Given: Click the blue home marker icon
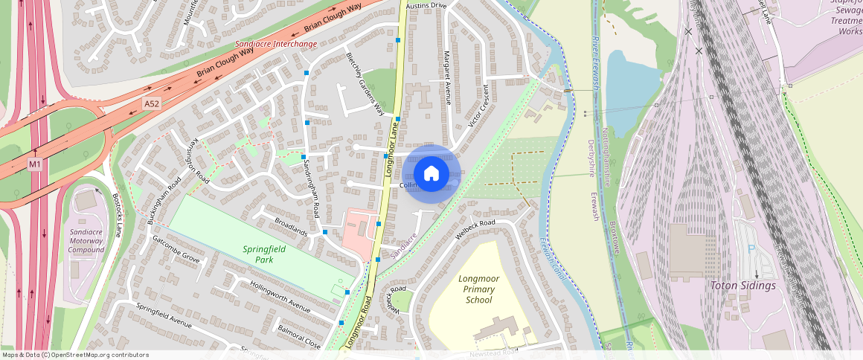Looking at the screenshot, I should [x=431, y=174].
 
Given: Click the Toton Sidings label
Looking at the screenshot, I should [x=742, y=286].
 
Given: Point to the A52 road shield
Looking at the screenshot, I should [x=152, y=105].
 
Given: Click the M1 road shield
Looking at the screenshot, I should [x=35, y=164].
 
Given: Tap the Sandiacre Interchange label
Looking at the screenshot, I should [x=276, y=44].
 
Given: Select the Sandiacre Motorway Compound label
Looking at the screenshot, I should [x=86, y=241].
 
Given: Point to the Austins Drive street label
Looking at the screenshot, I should [x=427, y=5].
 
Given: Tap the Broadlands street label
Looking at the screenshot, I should [x=291, y=227].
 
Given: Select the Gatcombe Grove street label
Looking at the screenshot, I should [x=176, y=249].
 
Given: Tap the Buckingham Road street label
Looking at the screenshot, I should [x=164, y=202].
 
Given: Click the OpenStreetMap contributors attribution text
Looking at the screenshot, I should [x=74, y=355].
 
